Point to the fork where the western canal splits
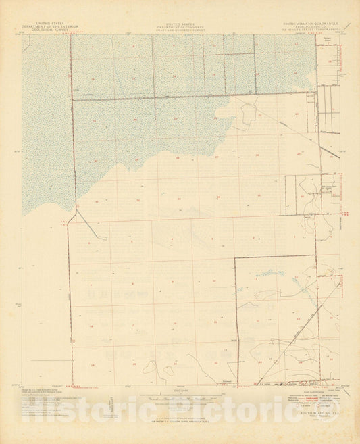tap(76, 209)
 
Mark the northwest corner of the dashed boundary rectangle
tap(234, 259)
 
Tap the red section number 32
tap(138, 201)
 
